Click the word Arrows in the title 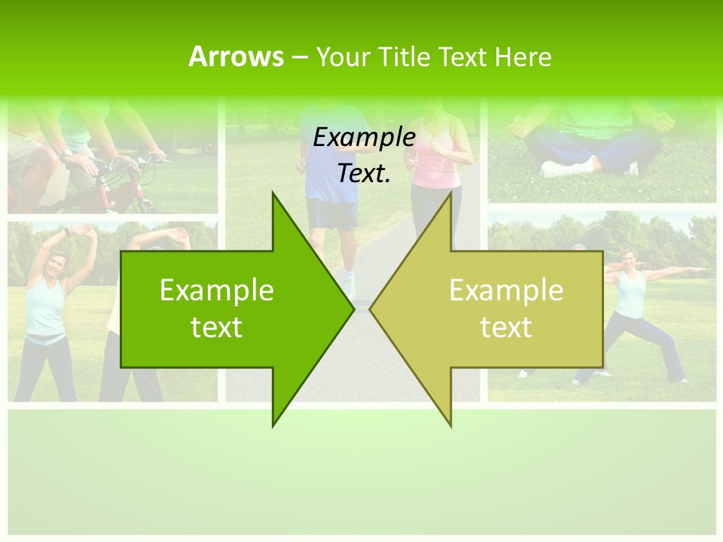236,56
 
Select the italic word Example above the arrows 364,137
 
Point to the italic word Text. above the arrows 364,173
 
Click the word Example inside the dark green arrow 217,291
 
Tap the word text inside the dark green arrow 217,327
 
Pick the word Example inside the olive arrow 506,291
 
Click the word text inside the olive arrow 506,327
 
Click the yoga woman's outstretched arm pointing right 678,269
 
